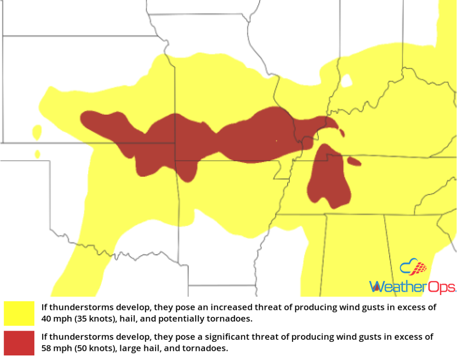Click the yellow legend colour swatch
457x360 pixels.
[19, 313]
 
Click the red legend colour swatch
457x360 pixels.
[19, 343]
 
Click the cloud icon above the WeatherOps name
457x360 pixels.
[413, 268]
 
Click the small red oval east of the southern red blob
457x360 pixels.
[354, 161]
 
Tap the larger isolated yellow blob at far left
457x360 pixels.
[37, 132]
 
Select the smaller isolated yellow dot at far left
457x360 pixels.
[37, 154]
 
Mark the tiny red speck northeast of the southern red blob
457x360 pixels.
[342, 132]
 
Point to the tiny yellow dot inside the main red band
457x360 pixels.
[276, 141]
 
